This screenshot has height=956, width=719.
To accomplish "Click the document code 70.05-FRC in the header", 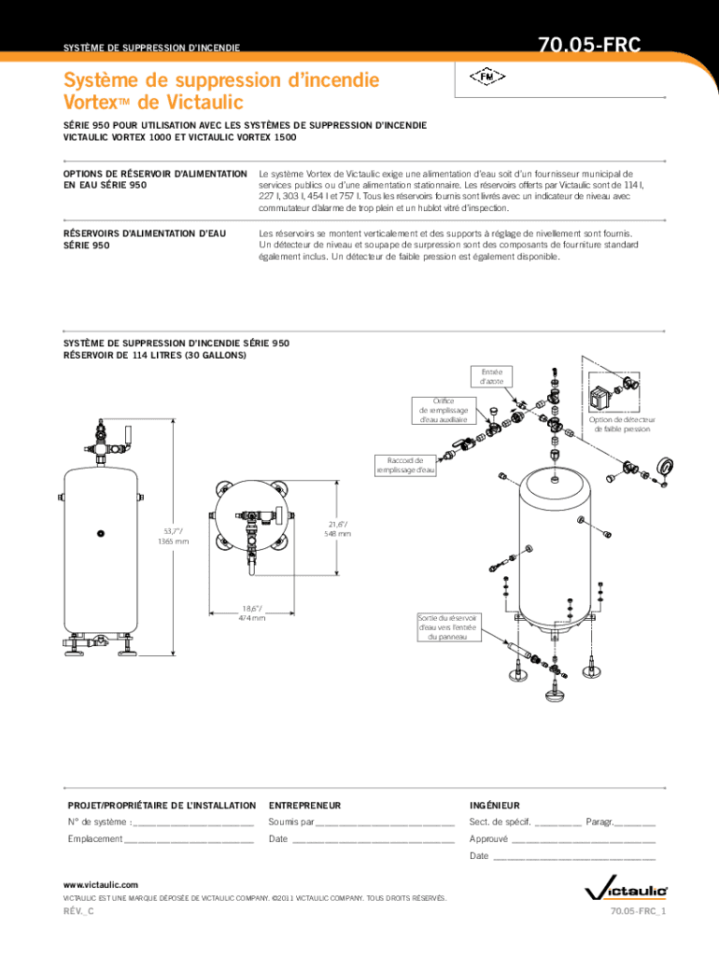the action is pos(589,45).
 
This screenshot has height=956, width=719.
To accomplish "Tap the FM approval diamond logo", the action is pos(487,77).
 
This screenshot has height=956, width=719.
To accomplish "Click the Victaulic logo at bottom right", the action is pos(627,891).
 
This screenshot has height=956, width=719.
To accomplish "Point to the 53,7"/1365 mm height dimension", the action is pos(174,537).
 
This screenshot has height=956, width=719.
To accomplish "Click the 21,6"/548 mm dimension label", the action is pos(338,529).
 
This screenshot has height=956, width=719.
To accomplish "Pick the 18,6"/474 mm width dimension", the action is pos(252,613).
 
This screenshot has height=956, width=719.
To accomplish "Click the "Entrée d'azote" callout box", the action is pos(491,376).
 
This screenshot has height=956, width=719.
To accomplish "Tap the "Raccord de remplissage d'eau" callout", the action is pos(405,465).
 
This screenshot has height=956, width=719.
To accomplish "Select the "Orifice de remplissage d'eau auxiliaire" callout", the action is pos(444,411).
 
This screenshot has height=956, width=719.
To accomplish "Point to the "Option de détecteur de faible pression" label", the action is pos(622,425).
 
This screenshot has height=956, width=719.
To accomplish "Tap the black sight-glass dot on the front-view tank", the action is pos(101,533).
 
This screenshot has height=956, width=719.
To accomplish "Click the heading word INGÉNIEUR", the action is pos(495,806).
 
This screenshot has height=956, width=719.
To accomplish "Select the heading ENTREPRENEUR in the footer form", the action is pos(305,806).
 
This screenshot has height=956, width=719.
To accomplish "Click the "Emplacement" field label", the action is pos(95,839).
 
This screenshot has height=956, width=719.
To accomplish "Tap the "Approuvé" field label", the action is pos(488,839).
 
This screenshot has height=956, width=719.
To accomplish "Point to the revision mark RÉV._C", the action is pos(78,911).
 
